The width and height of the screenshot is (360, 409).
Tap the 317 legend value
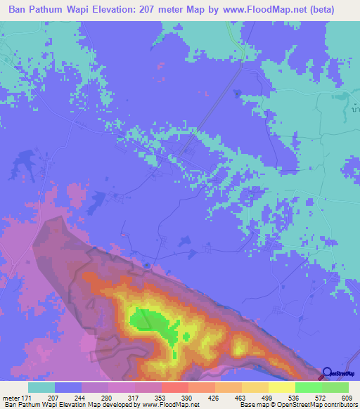point(134,397)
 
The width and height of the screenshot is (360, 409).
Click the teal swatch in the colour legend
point(41,387)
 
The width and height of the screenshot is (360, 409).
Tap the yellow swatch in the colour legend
point(282,387)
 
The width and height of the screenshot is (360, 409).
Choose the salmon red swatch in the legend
point(174,387)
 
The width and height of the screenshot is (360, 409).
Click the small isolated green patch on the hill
point(186,337)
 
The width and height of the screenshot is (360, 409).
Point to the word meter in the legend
point(10,397)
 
